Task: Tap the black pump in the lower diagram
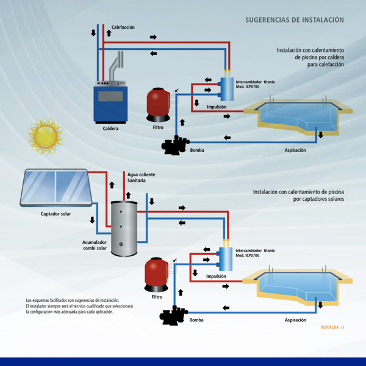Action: (x=174, y=317)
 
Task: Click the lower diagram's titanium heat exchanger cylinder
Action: (x=226, y=259)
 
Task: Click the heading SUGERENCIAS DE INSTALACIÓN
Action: (x=294, y=20)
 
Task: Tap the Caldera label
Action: (x=110, y=129)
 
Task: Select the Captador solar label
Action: (x=56, y=214)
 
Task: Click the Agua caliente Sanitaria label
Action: (x=141, y=178)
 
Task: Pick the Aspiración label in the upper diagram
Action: (x=295, y=150)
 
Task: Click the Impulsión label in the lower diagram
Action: (x=216, y=276)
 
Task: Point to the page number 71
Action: (x=343, y=327)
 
